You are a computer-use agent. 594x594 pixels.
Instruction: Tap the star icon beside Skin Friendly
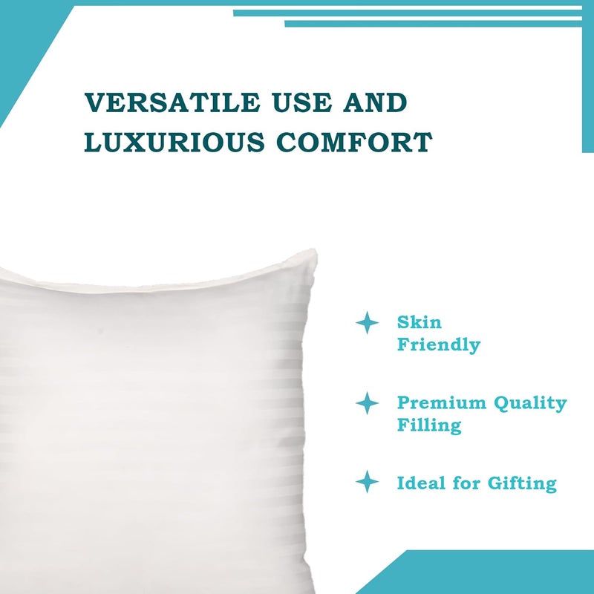pos(367,322)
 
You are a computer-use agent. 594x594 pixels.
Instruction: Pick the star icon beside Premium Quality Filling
pos(367,403)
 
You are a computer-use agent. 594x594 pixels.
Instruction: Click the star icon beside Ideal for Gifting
pos(367,482)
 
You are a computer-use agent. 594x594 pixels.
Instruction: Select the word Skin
pos(419,323)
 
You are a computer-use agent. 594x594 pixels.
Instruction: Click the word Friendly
pos(438,345)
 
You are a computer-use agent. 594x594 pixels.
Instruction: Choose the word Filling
pos(428,426)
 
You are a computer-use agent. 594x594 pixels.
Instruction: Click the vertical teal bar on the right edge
pos(587,82)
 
